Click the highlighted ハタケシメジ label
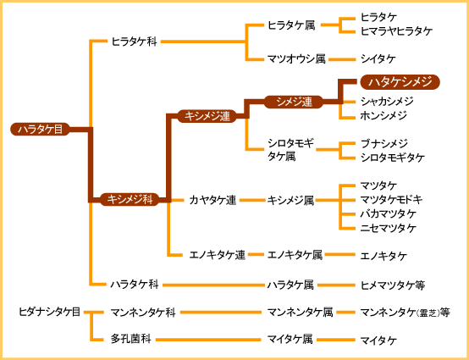pos(400,82)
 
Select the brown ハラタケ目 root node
pos(40,130)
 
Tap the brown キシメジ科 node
pos(130,199)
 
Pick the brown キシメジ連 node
pos(207,116)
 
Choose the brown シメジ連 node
pos(294,102)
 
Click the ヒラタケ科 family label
pos(134,42)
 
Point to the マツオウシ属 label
pos(296,59)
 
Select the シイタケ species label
pos(378,59)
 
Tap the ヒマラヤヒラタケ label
pos(396,31)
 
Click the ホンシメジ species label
pos(383,115)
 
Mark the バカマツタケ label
pos(389,213)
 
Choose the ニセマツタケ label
pos(389,228)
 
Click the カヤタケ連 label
pos(212,200)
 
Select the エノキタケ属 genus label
pos(295,255)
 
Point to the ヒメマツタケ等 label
pos(393,285)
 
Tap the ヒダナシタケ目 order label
pos(49,312)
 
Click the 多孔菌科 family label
pos(130,340)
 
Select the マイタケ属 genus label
pos(290,340)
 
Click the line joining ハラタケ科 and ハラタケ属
pos(212,285)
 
